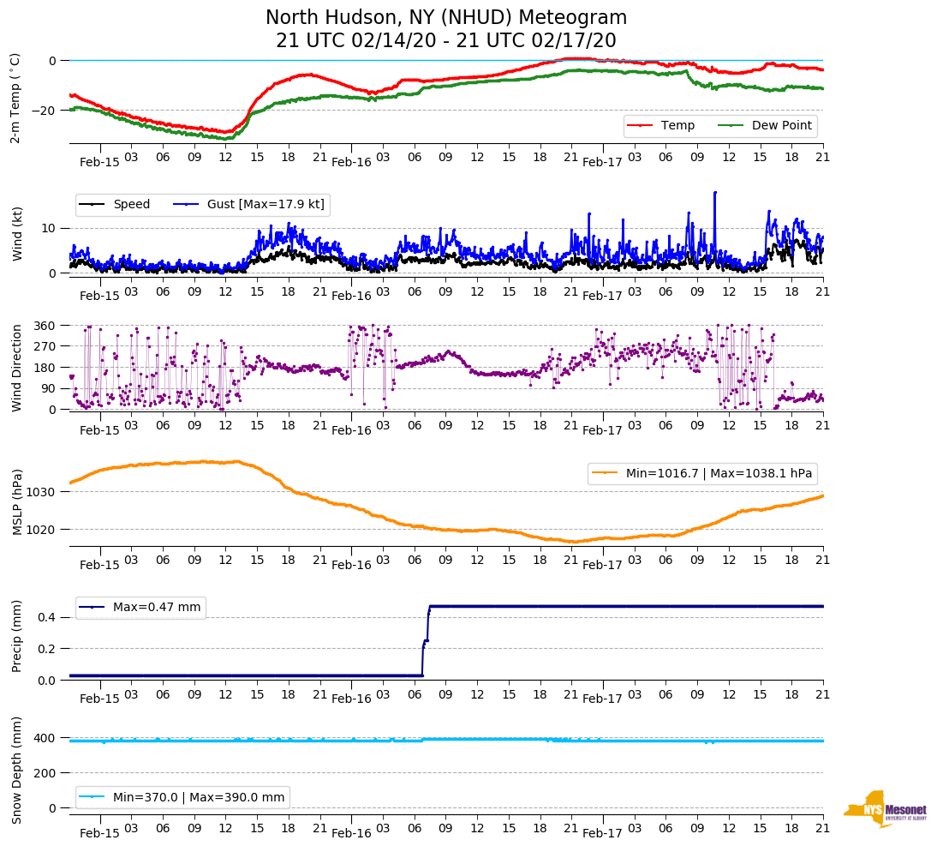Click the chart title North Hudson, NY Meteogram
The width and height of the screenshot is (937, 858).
445,18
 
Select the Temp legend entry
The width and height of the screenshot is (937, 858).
660,126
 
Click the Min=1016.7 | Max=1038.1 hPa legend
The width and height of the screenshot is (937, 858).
701,473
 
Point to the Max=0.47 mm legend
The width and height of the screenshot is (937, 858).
140,608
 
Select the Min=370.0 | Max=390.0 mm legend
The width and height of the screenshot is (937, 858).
182,797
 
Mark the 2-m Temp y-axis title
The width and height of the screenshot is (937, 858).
15,97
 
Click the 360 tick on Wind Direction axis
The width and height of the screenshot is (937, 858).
45,326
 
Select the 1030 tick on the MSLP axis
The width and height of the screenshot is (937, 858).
41,492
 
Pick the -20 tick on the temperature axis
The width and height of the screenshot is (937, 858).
45,111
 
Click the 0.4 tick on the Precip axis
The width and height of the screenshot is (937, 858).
48,617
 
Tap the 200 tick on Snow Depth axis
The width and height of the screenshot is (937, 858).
45,773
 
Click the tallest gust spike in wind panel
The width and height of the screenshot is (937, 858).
714,193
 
